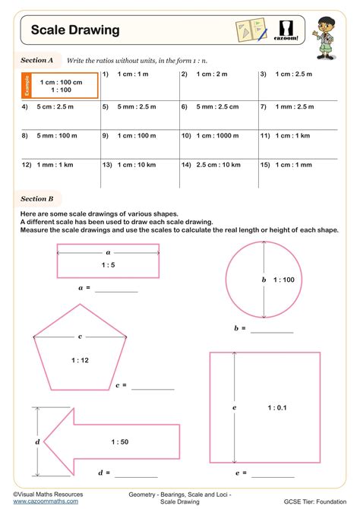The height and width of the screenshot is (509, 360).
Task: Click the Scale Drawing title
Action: pos(75,30)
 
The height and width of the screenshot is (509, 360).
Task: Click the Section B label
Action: pos(36,199)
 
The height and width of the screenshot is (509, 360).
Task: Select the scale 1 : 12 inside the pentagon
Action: pos(80,361)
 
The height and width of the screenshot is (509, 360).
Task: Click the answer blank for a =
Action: pos(116,289)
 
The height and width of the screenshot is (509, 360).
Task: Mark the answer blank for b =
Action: pos(271,330)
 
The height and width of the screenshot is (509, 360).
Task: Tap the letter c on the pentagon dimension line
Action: pos(80,335)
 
